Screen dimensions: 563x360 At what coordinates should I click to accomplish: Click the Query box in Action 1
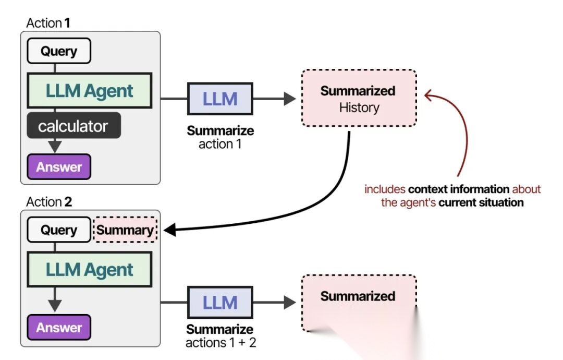[59, 51]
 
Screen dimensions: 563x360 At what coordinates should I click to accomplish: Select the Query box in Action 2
[59, 230]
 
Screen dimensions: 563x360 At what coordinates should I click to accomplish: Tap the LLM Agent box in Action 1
[90, 91]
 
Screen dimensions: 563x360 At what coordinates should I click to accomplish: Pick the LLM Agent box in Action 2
[90, 269]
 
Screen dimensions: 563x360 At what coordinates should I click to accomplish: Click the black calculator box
[74, 125]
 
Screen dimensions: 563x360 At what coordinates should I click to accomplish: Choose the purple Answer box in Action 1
[59, 167]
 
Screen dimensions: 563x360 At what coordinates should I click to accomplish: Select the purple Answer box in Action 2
[59, 327]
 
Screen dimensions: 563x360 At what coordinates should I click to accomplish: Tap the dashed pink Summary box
[125, 230]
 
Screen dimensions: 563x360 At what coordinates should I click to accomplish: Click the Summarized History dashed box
[359, 98]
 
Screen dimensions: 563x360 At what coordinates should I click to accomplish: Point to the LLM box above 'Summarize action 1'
[220, 99]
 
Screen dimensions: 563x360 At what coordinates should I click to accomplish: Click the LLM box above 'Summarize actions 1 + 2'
[220, 303]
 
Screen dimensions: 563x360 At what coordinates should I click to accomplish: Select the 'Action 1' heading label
[48, 23]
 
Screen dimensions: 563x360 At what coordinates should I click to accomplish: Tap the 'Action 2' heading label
[49, 202]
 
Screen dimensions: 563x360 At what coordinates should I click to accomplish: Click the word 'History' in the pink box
[359, 107]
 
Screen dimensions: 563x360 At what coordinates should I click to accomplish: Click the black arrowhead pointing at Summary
[170, 230]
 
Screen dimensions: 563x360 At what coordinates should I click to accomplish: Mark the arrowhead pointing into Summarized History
[289, 99]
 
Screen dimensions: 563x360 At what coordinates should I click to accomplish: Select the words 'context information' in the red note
[459, 189]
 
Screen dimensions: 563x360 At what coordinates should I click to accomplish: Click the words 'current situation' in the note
[481, 202]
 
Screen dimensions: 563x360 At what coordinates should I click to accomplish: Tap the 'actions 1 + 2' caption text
[221, 342]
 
